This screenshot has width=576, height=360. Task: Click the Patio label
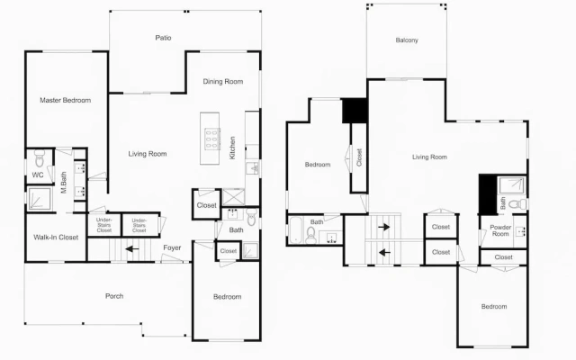(x=163, y=38)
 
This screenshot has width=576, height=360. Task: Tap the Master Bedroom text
(x=66, y=100)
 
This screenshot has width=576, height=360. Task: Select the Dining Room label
(x=223, y=82)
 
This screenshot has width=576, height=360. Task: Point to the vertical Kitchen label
(x=232, y=148)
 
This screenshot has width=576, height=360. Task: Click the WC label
(x=38, y=175)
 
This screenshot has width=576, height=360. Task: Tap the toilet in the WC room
(x=40, y=158)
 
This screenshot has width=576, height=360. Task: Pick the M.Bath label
(x=64, y=183)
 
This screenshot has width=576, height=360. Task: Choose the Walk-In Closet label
(x=56, y=238)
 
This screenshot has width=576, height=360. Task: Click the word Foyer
(x=172, y=247)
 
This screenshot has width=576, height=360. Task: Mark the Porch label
(x=114, y=296)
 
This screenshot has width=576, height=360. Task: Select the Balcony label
(x=407, y=40)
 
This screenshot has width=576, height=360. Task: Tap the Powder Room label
(x=500, y=230)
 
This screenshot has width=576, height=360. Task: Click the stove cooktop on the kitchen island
(x=212, y=139)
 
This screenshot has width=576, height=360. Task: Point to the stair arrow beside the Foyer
(x=132, y=249)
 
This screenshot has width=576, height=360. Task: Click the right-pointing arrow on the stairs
(x=384, y=227)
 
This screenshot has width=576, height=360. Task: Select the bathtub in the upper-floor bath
(x=296, y=230)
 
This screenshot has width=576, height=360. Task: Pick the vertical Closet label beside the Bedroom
(x=359, y=157)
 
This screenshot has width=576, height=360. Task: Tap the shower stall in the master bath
(x=40, y=199)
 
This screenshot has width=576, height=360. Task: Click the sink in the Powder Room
(x=520, y=231)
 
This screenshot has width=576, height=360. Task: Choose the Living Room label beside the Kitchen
(x=148, y=154)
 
